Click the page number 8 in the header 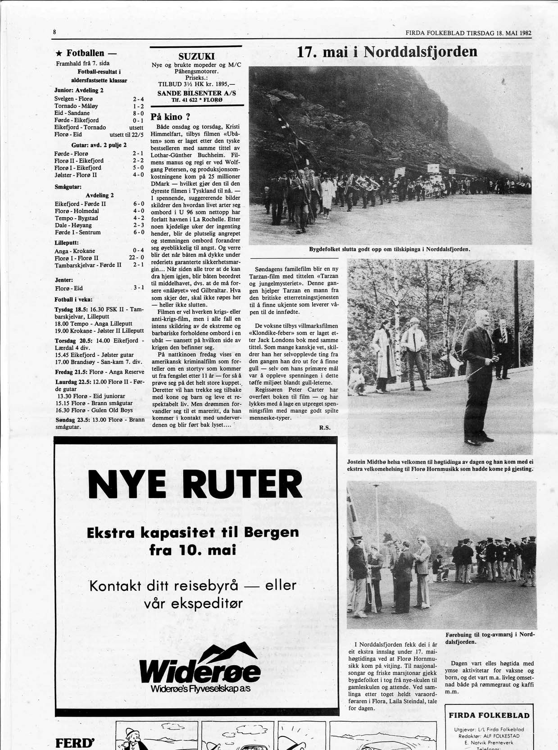(54, 32)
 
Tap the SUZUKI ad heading (196, 56)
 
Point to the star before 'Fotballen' (59, 53)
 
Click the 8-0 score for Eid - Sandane (138, 113)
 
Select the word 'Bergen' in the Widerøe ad (271, 532)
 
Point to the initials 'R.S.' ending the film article (325, 428)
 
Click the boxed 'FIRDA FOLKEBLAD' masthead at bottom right (489, 715)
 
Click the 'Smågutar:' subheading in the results (68, 186)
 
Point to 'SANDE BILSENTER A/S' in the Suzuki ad (196, 93)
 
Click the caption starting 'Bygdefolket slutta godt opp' (389, 249)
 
